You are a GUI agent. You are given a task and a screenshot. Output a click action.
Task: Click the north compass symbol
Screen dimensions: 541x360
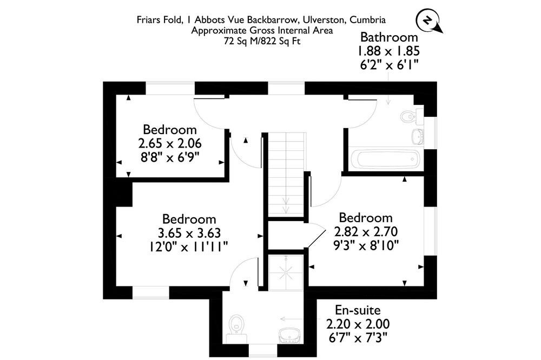tap(429, 22)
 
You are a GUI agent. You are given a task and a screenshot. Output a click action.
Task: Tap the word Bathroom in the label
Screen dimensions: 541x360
tap(389, 37)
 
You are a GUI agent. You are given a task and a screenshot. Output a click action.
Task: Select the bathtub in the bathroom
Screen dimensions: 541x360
tap(385, 159)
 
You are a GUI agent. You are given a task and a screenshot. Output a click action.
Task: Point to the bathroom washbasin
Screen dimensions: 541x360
tap(418, 136)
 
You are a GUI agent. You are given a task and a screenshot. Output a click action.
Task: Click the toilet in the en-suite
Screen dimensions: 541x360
tap(237, 328)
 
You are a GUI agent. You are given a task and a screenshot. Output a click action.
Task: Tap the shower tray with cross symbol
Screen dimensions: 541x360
tap(286, 273)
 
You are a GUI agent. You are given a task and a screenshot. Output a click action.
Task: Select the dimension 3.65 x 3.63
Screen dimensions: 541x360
tap(189, 233)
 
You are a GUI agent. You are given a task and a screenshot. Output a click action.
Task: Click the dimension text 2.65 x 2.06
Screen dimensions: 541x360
tap(170, 143)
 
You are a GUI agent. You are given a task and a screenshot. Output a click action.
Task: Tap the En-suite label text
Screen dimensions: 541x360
tap(358, 310)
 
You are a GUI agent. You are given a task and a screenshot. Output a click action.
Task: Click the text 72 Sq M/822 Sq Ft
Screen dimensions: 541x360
tap(262, 42)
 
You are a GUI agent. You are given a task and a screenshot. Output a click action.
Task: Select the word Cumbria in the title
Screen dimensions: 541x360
tap(367, 19)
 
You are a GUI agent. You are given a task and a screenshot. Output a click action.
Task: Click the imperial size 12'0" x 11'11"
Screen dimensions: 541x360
tap(188, 247)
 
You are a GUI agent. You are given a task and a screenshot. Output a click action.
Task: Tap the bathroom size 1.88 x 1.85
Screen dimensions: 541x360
tap(388, 51)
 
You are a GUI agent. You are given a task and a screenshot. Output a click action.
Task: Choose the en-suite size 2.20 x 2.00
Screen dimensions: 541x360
tap(358, 324)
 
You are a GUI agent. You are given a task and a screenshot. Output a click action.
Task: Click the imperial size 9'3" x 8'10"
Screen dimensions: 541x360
tap(366, 245)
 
